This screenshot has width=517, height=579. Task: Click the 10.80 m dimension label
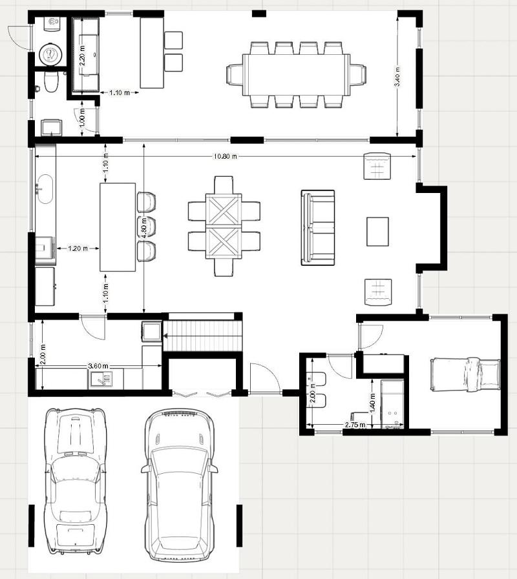pyautogui.click(x=225, y=156)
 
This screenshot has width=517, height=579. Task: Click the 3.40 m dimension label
pyautogui.click(x=397, y=78)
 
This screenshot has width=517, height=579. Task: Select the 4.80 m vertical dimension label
pyautogui.click(x=143, y=227)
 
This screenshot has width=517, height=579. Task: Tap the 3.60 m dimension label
pyautogui.click(x=98, y=367)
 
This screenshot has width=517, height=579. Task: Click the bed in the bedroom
pyautogui.click(x=465, y=374)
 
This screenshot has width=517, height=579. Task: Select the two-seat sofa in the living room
pyautogui.click(x=317, y=227)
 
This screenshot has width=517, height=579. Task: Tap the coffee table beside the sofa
pyautogui.click(x=377, y=231)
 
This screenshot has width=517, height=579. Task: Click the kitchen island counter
pyautogui.click(x=118, y=227)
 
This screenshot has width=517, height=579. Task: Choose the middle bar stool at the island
pyautogui.click(x=147, y=227)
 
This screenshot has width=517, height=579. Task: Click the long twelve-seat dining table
pyautogui.click(x=295, y=74)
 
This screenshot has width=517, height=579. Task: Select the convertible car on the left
pyautogui.click(x=75, y=481)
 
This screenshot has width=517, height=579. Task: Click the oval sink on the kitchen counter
pyautogui.click(x=45, y=188)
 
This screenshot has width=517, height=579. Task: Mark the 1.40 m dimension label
pyautogui.click(x=373, y=404)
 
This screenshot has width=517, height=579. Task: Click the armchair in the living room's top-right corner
pyautogui.click(x=378, y=166)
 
